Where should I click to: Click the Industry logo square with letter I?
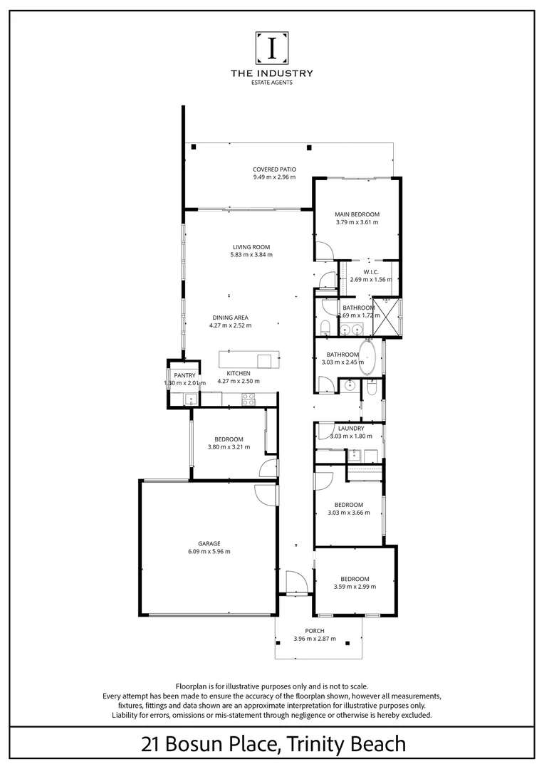coord(272,48)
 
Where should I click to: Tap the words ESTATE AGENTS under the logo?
coord(272,83)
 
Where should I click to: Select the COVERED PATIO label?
coord(274,169)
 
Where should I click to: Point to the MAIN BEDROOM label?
coord(357,214)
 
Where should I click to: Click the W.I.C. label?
coord(370,271)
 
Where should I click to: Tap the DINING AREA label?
coord(230,318)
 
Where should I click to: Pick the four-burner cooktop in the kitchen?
coord(249,400)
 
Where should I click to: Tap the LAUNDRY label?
coord(351,428)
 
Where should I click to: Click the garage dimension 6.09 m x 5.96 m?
coord(209,551)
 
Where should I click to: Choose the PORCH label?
coord(315,631)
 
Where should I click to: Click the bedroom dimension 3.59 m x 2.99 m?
coord(355,587)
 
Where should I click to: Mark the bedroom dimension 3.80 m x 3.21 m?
coord(229,447)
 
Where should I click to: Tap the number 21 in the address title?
coord(150,745)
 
